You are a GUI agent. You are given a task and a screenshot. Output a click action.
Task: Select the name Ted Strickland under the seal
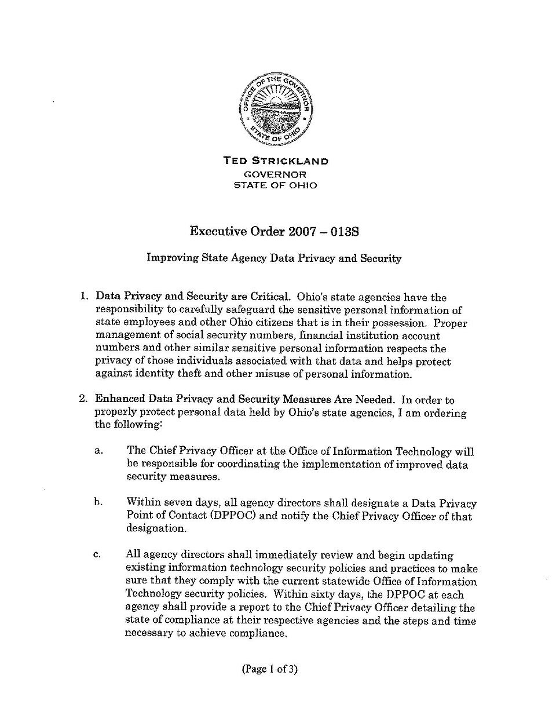pyautogui.click(x=276, y=161)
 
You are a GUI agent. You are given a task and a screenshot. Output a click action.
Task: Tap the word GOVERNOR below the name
pyautogui.click(x=276, y=174)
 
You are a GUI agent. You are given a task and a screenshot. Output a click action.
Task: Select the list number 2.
pyautogui.click(x=83, y=399)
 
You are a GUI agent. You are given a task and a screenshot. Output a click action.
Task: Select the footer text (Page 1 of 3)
pyautogui.click(x=269, y=670)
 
